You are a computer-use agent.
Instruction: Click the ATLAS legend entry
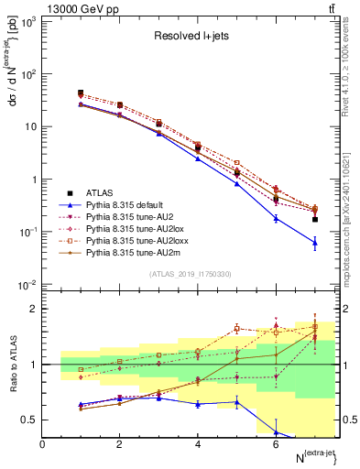coord(99,192)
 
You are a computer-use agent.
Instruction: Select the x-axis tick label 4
coord(198,444)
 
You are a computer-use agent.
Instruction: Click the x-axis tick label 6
coord(276,444)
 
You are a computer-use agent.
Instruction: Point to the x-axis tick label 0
coord(43,444)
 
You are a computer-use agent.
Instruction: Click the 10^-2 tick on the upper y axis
coord(30,285)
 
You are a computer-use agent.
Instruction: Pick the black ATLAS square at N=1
coord(81,93)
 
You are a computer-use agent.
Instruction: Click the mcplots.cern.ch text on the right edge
coord(352,211)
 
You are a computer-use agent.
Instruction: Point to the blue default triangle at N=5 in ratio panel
coord(236,401)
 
